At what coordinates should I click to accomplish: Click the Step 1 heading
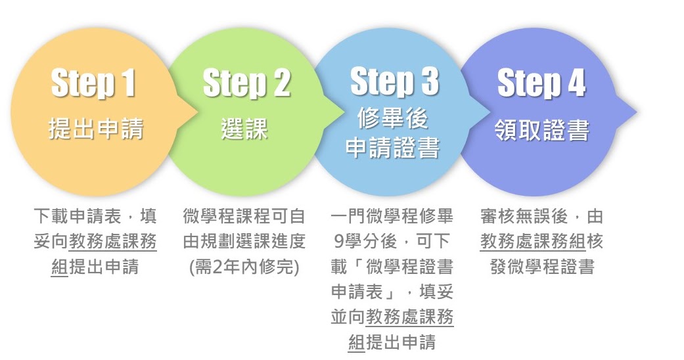(93, 83)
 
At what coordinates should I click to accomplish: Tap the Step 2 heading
(246, 83)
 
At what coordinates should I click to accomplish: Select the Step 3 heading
(394, 81)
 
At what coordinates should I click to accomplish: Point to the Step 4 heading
(541, 83)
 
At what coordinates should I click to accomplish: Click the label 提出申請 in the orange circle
(96, 129)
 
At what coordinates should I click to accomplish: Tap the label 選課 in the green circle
(244, 129)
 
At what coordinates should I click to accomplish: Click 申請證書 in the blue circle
(392, 148)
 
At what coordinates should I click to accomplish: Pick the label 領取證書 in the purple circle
(542, 130)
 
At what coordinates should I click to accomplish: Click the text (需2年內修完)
(244, 267)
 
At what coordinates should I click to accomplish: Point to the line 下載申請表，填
(95, 216)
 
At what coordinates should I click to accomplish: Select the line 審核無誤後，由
(542, 216)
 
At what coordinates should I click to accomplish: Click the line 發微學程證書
(542, 267)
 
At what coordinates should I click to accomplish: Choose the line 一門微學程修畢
(392, 216)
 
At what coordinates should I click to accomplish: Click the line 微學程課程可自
(244, 216)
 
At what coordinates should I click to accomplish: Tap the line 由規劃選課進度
(244, 241)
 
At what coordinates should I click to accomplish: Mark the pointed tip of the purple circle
(637, 112)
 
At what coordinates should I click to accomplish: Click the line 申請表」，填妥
(392, 292)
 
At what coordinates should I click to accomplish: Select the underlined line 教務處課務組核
(542, 241)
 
